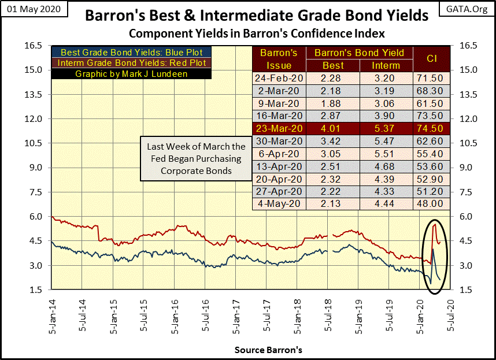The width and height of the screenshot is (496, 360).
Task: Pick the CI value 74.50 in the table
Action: pyautogui.click(x=431, y=129)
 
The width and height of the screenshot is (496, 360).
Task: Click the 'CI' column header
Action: pyautogui.click(x=431, y=58)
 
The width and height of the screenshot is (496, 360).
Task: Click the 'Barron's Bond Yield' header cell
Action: pyautogui.click(x=359, y=53)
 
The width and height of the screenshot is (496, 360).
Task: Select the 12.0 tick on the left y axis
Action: pyautogui.click(x=35, y=118)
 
